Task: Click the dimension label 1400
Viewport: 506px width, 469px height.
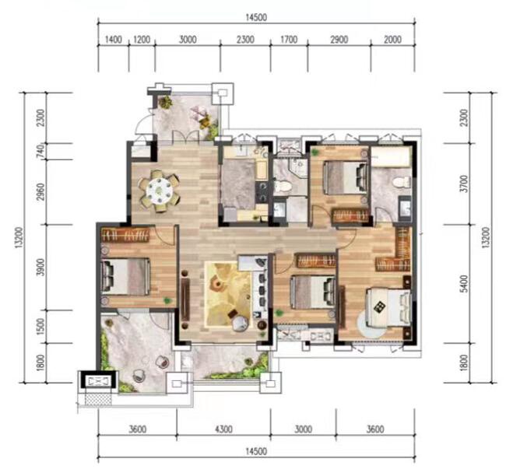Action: pos(114,40)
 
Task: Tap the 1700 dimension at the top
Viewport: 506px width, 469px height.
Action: pos(289,40)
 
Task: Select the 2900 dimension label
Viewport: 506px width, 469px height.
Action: pos(339,40)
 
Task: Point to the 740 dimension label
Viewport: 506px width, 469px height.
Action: pos(40,151)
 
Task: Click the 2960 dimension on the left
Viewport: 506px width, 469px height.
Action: pos(40,192)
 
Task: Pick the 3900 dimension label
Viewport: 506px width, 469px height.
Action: pos(40,267)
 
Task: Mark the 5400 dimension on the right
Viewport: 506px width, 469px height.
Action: pos(464,284)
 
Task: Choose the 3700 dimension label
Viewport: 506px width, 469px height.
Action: pos(464,184)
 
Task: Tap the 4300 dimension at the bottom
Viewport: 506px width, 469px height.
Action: pos(223,429)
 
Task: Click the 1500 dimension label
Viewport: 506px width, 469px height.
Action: pos(40,327)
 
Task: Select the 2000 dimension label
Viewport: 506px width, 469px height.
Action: pos(392,40)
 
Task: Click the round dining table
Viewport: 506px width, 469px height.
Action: pos(159,191)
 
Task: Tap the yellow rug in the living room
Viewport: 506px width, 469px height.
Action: pos(228,295)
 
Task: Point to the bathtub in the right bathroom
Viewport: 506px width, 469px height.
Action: pos(391,156)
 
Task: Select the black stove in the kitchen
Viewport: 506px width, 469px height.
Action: pos(261,192)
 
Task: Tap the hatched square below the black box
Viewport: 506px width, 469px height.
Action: pos(98,399)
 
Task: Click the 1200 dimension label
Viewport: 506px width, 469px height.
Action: pos(142,40)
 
